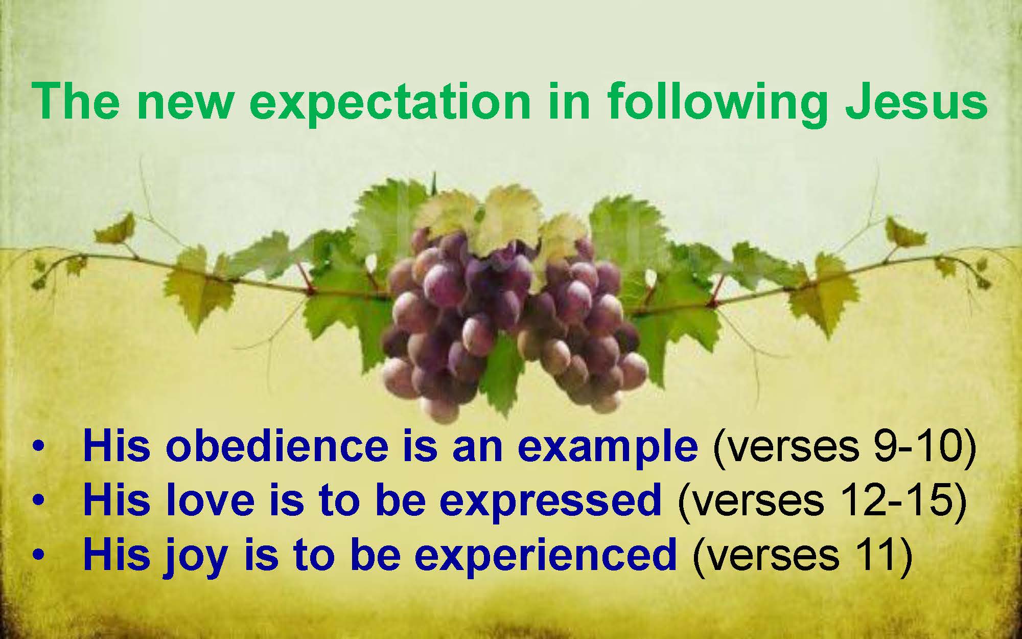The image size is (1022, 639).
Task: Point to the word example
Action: click(x=608, y=449)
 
